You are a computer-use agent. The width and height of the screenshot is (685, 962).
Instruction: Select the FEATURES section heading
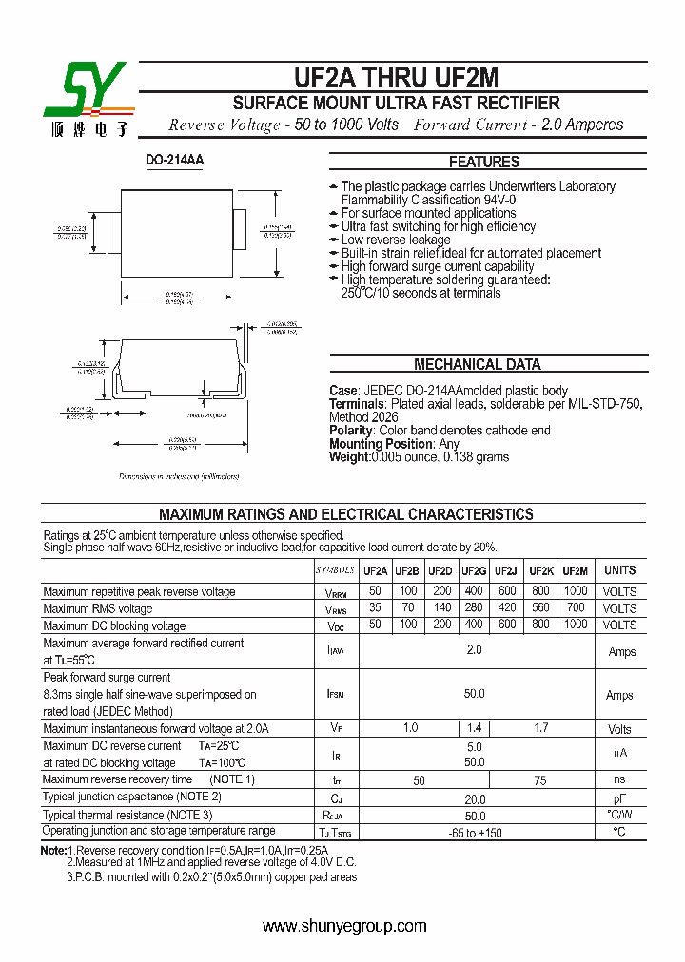click(484, 162)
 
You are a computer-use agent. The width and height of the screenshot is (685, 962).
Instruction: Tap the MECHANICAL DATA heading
click(478, 364)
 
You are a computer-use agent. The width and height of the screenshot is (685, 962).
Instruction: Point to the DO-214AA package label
click(175, 161)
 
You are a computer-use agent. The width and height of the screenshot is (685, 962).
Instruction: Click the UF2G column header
click(474, 570)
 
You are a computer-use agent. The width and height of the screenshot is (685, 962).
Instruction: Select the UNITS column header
click(620, 570)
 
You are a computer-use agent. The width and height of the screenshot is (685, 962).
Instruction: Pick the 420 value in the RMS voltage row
click(506, 608)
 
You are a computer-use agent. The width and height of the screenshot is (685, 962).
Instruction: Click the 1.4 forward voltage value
click(475, 728)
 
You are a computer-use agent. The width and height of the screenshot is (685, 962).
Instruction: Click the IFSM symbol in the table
click(335, 695)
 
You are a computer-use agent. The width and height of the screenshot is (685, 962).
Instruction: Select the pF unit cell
click(620, 799)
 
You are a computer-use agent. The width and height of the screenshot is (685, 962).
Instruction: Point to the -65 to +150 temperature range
click(475, 833)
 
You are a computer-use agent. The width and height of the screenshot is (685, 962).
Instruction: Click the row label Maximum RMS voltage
click(98, 608)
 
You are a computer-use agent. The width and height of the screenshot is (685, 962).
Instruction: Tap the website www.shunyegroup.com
click(344, 926)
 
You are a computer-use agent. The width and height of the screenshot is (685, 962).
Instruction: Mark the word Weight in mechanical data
click(349, 457)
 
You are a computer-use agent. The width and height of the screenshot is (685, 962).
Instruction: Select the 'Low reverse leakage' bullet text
click(396, 240)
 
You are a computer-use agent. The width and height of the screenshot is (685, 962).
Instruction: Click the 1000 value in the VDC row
click(575, 625)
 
